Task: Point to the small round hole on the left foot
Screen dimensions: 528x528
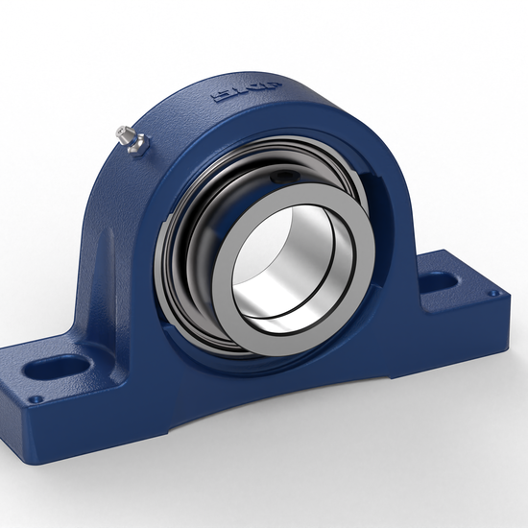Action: point(36,398)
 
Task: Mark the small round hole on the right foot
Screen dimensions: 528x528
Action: point(493,294)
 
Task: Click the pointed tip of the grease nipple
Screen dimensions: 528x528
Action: point(114,132)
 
